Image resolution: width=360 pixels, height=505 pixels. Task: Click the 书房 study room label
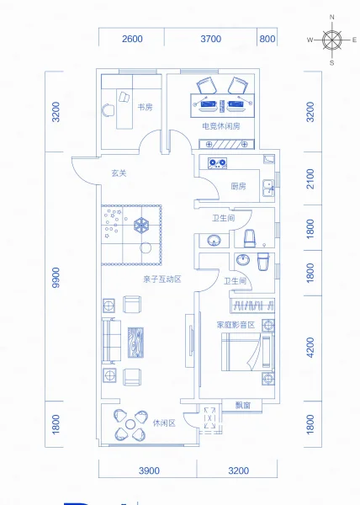click(146, 107)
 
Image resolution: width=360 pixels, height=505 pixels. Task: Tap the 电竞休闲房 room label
click(221, 126)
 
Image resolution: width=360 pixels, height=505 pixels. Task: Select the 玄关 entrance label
click(119, 173)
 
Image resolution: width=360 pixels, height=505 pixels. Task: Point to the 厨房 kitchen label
click(238, 186)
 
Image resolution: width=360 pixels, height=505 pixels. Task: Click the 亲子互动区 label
click(162, 279)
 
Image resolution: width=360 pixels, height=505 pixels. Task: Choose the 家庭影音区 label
click(236, 325)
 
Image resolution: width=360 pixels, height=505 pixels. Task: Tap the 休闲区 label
click(164, 423)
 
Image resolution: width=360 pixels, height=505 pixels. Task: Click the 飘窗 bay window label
click(243, 405)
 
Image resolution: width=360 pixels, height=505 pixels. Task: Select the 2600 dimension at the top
click(132, 39)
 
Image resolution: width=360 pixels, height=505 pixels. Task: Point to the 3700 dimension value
click(211, 39)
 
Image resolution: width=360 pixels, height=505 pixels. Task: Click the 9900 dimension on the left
click(56, 277)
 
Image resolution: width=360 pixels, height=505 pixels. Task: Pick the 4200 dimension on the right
click(310, 347)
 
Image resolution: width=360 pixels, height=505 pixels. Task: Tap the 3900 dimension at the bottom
click(149, 470)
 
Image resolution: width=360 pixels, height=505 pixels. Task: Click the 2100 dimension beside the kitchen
click(310, 178)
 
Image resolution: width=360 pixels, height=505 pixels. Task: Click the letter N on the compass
click(332, 17)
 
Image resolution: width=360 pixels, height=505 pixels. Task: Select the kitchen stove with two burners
click(218, 163)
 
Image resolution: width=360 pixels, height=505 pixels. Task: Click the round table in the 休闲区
click(130, 424)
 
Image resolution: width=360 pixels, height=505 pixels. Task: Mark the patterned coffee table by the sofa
click(135, 343)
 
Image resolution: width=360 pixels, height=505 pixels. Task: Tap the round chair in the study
click(109, 110)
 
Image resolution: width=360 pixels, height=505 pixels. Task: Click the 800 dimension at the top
click(267, 39)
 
